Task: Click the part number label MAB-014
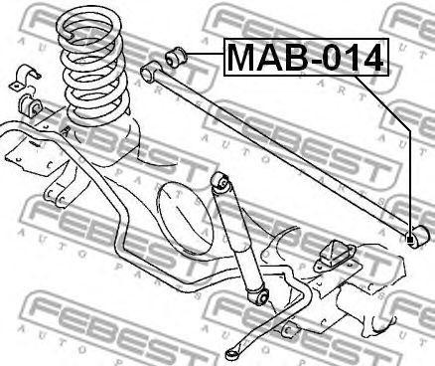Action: click(304, 61)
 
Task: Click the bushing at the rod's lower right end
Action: click(417, 236)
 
